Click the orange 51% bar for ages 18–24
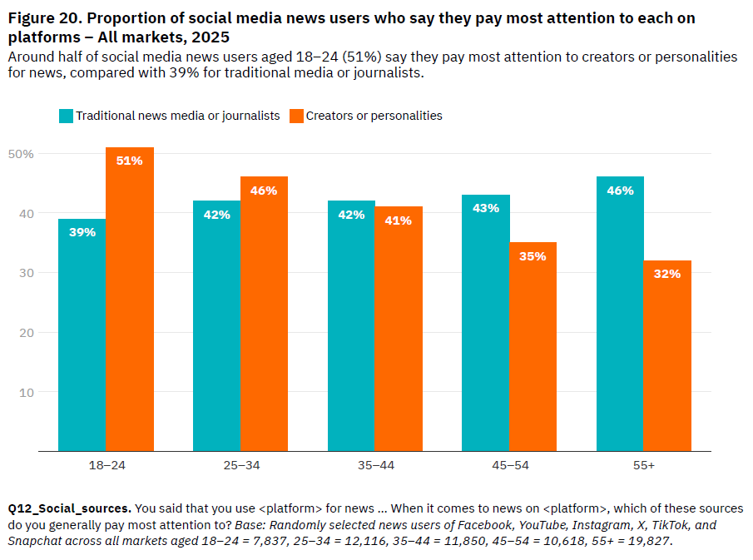[x=130, y=300]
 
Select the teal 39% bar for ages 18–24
[x=82, y=335]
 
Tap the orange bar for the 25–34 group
[x=265, y=314]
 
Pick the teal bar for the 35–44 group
[x=351, y=326]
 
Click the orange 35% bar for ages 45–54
[x=533, y=347]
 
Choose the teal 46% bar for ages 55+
[x=620, y=314]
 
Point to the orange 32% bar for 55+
[x=667, y=356]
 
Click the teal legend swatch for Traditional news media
[x=66, y=116]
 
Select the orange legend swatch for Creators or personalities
[x=296, y=116]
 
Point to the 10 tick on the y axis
[x=27, y=392]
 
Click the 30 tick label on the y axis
[x=27, y=273]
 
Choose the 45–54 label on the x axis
[x=509, y=465]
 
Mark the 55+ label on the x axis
[x=643, y=465]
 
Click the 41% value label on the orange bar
[x=399, y=221]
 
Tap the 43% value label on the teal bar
[x=486, y=208]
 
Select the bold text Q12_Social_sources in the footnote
[x=69, y=508]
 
